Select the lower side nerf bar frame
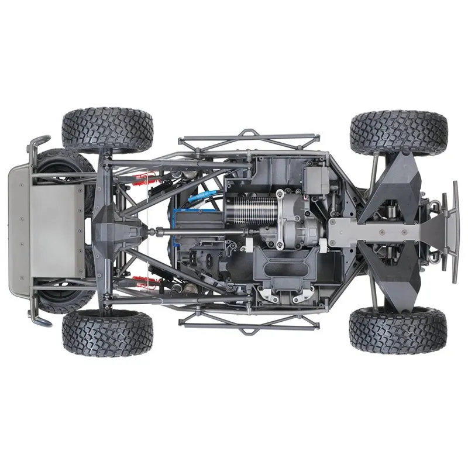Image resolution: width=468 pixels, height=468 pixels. pos(249,323)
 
